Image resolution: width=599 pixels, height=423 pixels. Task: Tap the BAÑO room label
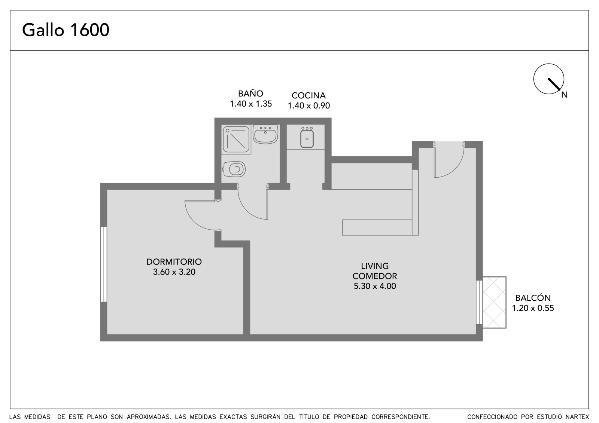tap(250, 93)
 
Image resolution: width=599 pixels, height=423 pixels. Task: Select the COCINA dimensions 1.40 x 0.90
tap(308, 105)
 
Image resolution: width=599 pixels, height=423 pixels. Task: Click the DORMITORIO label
tap(174, 261)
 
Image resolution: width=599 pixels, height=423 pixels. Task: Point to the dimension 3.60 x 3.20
tap(174, 272)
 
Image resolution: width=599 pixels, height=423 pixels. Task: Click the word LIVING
tap(375, 266)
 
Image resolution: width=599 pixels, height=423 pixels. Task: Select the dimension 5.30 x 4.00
tap(375, 286)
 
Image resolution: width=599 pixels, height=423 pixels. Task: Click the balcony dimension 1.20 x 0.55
tap(533, 308)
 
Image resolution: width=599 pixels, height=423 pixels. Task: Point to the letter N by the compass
tap(564, 95)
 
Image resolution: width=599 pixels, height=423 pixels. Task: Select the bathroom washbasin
tap(265, 134)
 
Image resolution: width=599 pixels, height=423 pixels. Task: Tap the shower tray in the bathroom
tap(236, 140)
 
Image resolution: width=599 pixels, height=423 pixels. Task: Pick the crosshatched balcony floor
tap(494, 302)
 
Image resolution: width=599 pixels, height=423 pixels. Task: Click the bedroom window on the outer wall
tap(103, 264)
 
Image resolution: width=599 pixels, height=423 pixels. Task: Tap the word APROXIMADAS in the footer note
tap(149, 417)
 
